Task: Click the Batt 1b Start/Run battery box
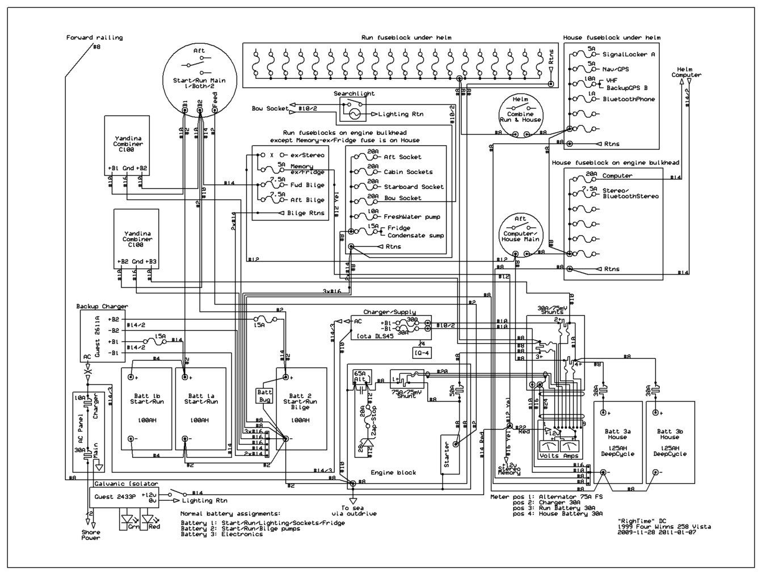point(146,408)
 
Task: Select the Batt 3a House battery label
point(617,434)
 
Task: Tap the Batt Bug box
point(265,396)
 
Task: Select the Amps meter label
point(570,456)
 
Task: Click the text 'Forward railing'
point(94,38)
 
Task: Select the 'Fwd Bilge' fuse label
point(306,185)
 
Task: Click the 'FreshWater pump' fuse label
point(411,217)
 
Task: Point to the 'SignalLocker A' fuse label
point(628,54)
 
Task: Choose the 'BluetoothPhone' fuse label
point(628,99)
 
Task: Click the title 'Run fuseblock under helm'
point(406,37)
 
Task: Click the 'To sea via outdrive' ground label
point(353,510)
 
